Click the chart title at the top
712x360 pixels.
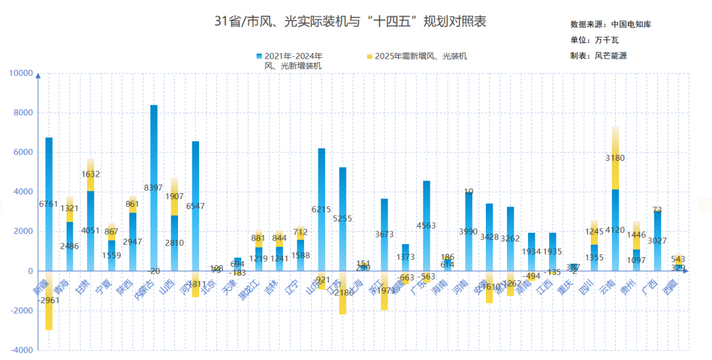[x=350, y=22]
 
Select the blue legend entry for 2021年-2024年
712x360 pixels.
[x=293, y=61]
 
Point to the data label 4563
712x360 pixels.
[x=427, y=225]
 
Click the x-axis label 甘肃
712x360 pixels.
[x=84, y=287]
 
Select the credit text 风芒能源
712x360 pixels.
[x=610, y=56]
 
